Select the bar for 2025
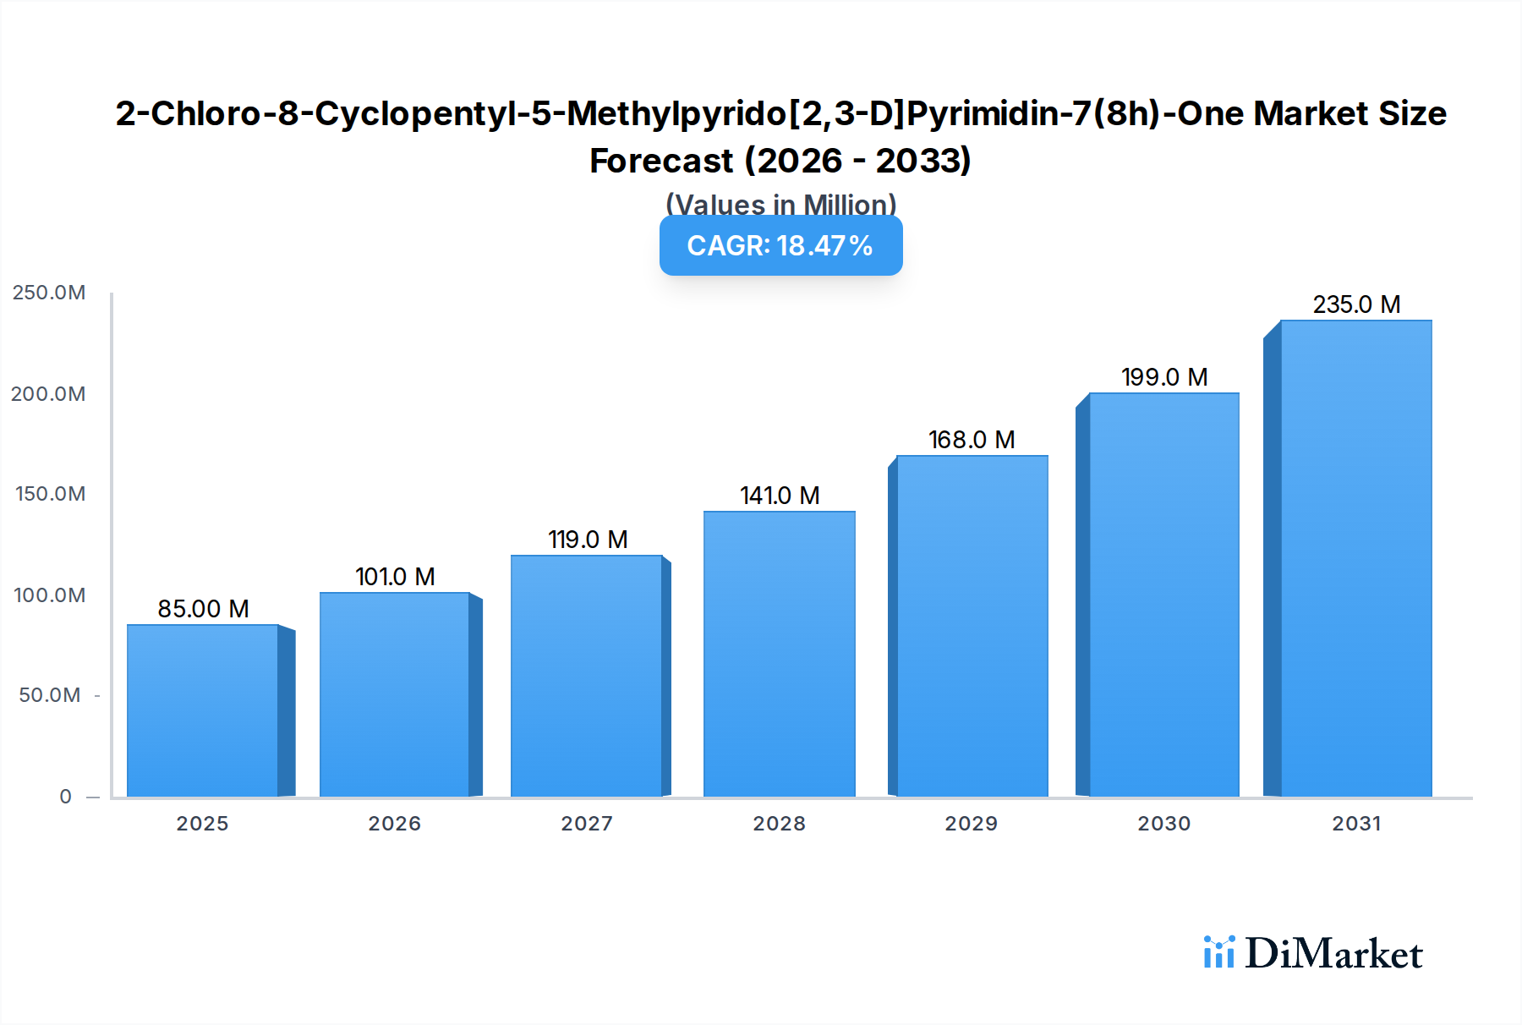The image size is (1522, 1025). pyautogui.click(x=203, y=710)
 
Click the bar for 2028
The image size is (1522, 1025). pyautogui.click(x=779, y=654)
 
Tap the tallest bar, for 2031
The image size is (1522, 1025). pyautogui.click(x=1355, y=558)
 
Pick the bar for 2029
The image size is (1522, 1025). pyautogui.click(x=972, y=626)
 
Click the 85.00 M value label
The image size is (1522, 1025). pyautogui.click(x=203, y=609)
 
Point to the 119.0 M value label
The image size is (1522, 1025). pyautogui.click(x=588, y=540)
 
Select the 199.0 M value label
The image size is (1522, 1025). pyautogui.click(x=1164, y=377)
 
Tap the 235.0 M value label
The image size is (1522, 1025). pyautogui.click(x=1356, y=304)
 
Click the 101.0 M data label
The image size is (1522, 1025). pyautogui.click(x=395, y=577)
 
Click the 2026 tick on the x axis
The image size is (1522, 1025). pyautogui.click(x=395, y=823)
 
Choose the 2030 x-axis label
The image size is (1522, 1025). pyautogui.click(x=1164, y=823)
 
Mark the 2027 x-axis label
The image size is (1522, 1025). pyautogui.click(x=587, y=823)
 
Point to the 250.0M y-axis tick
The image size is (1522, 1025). pyautogui.click(x=49, y=293)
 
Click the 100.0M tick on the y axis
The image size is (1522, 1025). pyautogui.click(x=49, y=595)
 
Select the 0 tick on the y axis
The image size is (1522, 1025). pyautogui.click(x=65, y=797)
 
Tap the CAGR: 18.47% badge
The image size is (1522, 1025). pyautogui.click(x=780, y=245)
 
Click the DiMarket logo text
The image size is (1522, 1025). pyautogui.click(x=1333, y=954)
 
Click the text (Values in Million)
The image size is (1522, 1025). pyautogui.click(x=780, y=203)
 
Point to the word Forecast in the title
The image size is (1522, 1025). pyautogui.click(x=661, y=161)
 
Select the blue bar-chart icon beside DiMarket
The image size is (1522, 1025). pyautogui.click(x=1218, y=952)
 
